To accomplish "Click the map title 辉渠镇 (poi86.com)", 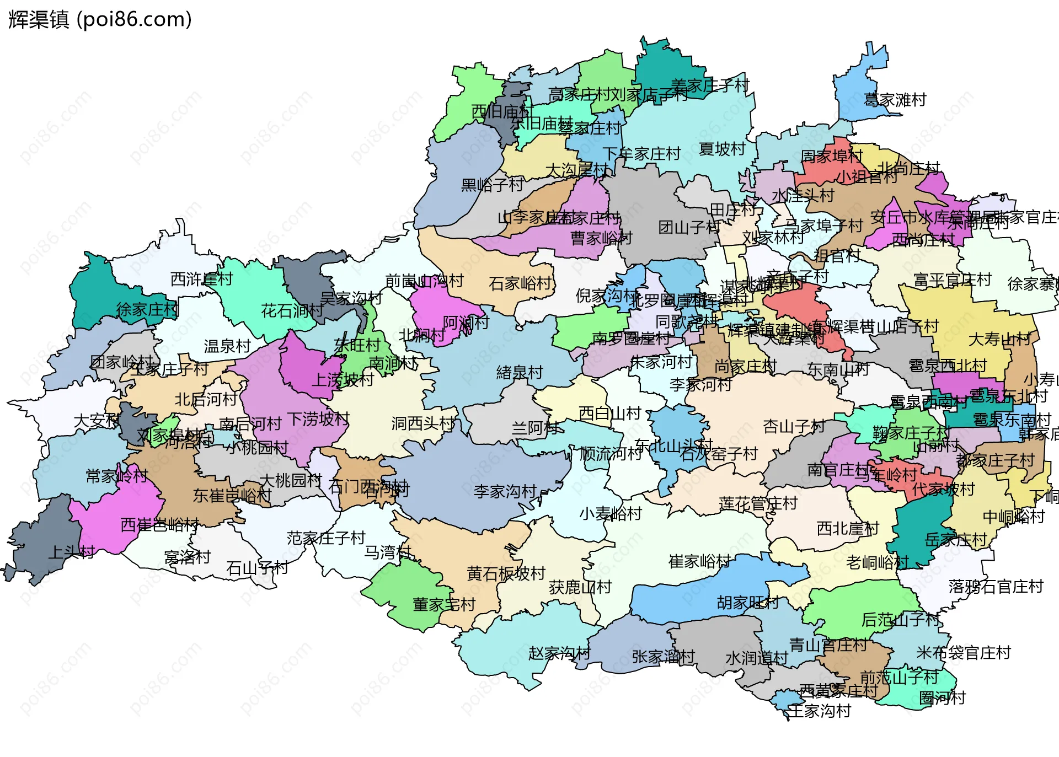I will click(x=100, y=19).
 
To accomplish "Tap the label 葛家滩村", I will click(x=895, y=100).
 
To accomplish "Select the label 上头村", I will click(x=72, y=551).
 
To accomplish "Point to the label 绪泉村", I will click(x=520, y=373).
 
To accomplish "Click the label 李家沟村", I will click(x=505, y=491).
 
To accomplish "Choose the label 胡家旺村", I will click(x=747, y=603).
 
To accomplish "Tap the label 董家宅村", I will click(x=444, y=604).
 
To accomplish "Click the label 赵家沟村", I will click(x=559, y=653).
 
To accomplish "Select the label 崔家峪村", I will click(x=699, y=561).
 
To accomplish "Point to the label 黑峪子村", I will click(x=492, y=185).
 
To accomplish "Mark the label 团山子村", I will click(x=689, y=227).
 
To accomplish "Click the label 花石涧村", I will click(x=292, y=311).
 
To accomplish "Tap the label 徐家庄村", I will click(x=147, y=309).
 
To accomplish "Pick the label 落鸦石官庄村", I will click(x=996, y=586).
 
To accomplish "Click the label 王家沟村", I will click(x=820, y=711).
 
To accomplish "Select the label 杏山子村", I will click(x=794, y=426).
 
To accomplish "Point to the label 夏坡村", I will click(x=722, y=149).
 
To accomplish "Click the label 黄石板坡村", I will click(x=506, y=573).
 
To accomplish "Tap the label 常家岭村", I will click(x=117, y=476).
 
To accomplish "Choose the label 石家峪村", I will click(x=520, y=283).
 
